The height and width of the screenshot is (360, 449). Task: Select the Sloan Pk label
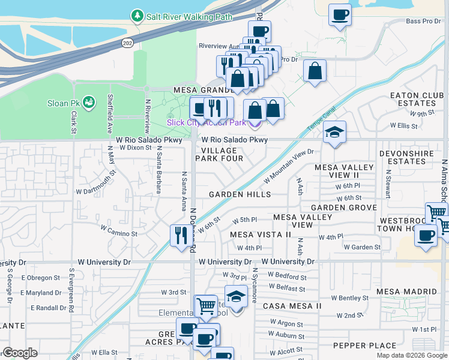click(62, 103)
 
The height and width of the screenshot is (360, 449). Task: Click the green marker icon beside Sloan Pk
click(89, 103)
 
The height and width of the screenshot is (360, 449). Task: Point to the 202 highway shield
click(128, 43)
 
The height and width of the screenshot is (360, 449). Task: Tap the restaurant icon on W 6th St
click(179, 235)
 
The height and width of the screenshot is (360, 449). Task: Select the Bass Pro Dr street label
click(423, 21)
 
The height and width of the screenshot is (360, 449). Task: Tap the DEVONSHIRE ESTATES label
click(411, 157)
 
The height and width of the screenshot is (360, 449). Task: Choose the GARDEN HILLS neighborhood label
click(240, 194)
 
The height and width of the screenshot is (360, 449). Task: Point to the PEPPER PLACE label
click(364, 346)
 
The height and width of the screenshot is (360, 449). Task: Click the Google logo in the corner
click(20, 353)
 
